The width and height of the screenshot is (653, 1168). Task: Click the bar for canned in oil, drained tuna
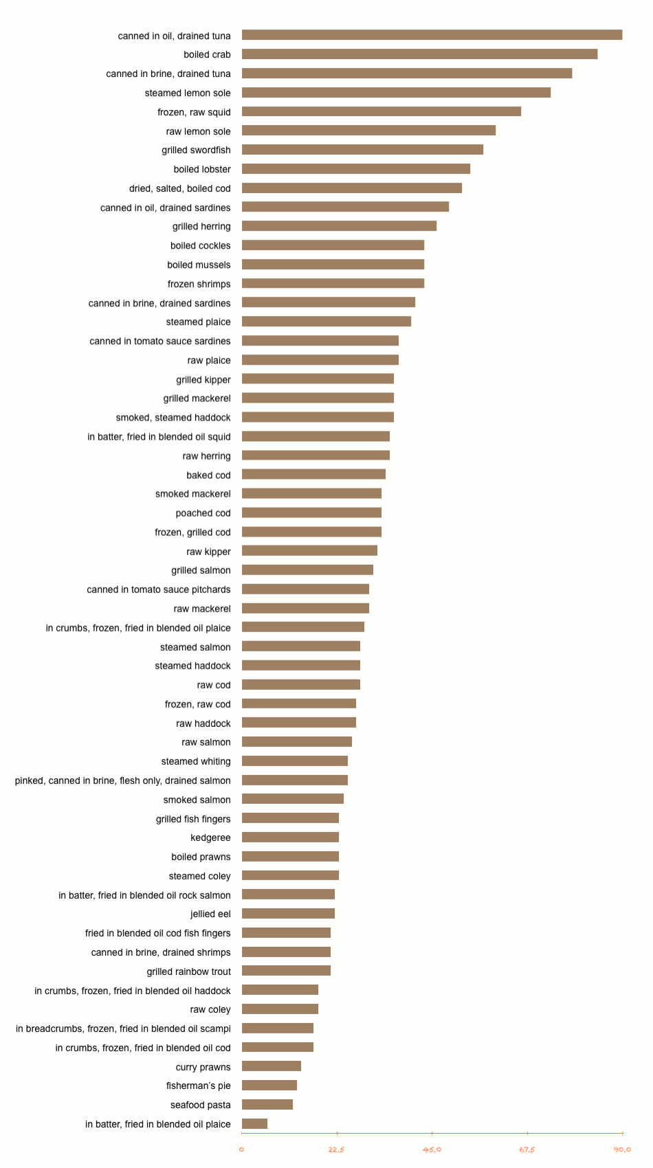click(x=432, y=35)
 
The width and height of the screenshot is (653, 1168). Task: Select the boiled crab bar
click(x=419, y=54)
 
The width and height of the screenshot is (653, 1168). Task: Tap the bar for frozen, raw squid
click(x=381, y=111)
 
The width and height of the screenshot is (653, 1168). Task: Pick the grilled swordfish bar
click(x=362, y=150)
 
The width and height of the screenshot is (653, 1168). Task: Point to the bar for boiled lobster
click(x=355, y=169)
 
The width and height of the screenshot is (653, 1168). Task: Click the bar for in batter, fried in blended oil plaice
click(x=254, y=1123)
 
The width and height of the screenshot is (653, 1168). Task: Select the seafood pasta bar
click(x=267, y=1104)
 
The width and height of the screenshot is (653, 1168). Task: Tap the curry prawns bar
click(x=272, y=1066)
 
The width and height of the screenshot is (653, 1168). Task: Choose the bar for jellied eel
click(x=288, y=914)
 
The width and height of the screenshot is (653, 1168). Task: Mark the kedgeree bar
click(x=290, y=838)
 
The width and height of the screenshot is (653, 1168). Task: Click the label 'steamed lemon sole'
click(x=188, y=93)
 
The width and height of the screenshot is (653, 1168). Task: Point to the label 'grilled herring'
click(x=201, y=226)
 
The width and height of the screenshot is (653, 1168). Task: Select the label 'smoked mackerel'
click(x=193, y=494)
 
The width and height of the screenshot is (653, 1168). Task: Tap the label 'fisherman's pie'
click(x=198, y=1086)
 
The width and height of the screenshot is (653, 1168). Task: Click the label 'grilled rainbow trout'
click(x=189, y=972)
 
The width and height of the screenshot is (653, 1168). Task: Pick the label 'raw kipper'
click(x=209, y=552)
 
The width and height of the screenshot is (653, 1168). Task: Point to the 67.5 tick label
click(x=527, y=1149)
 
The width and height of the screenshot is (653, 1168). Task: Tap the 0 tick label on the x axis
click(x=241, y=1149)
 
